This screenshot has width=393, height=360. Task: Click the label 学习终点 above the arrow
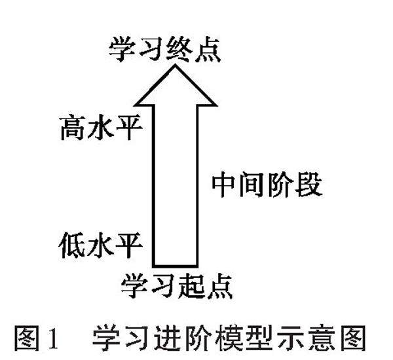[x=165, y=50]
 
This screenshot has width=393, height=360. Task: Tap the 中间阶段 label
[x=267, y=186]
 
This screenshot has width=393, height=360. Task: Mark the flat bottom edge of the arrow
[x=175, y=266]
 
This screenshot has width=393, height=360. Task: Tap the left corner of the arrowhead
[x=136, y=104]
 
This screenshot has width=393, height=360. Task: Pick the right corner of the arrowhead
[x=215, y=104]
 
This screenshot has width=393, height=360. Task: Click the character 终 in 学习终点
[x=178, y=50]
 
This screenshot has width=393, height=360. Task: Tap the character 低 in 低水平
[x=73, y=247]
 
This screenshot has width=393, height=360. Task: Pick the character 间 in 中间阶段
[x=252, y=186]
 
